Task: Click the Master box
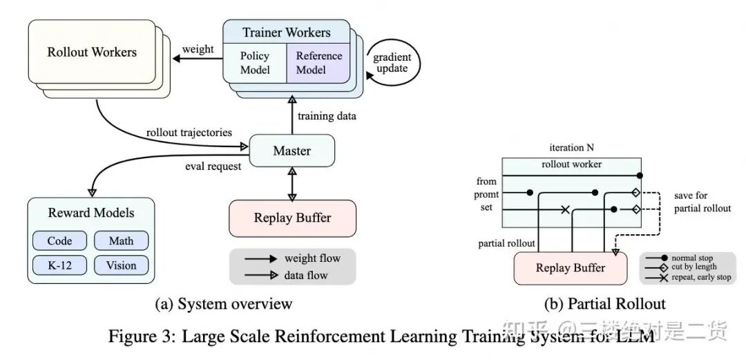coord(291,151)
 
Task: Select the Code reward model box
coord(59,240)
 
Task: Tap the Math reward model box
coord(122,240)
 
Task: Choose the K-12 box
coord(59,265)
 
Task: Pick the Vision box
coord(122,265)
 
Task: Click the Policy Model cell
coord(255,62)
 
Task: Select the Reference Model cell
coord(318,62)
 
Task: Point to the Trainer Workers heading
coord(287,32)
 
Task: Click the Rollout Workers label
coord(92,52)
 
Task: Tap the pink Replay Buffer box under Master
coord(292,218)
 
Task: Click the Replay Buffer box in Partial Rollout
coord(570,267)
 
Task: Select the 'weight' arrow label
coord(198,49)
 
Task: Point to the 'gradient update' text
coord(392,62)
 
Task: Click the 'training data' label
coord(326,115)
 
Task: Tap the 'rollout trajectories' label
coord(189,133)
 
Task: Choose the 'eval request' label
coord(213,167)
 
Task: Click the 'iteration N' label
coord(571,147)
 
